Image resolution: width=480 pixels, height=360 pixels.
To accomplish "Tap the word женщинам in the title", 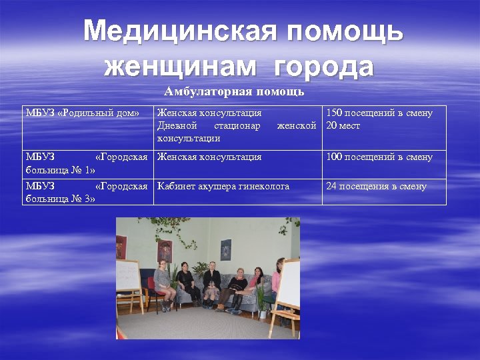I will [x=180, y=67].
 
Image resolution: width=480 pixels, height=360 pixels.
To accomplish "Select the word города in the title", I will [x=324, y=67].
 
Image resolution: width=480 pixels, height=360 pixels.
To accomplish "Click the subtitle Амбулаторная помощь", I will [x=234, y=91].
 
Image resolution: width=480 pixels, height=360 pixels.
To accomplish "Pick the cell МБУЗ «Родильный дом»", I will [x=82, y=113].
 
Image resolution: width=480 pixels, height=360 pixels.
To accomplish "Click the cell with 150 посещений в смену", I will [x=379, y=113].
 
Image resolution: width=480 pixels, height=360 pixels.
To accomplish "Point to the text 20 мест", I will [x=343, y=125].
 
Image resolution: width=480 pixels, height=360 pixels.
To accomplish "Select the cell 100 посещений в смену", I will [x=379, y=157].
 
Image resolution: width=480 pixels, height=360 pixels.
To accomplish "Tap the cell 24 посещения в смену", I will [x=376, y=187].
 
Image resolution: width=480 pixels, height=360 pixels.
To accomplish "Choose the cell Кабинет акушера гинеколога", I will [x=223, y=187].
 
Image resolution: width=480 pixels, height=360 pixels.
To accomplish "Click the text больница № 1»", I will [x=61, y=169].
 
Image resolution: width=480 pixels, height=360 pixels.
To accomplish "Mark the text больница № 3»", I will [x=61, y=199].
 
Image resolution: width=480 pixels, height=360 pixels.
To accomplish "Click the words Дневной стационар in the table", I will [x=208, y=125].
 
